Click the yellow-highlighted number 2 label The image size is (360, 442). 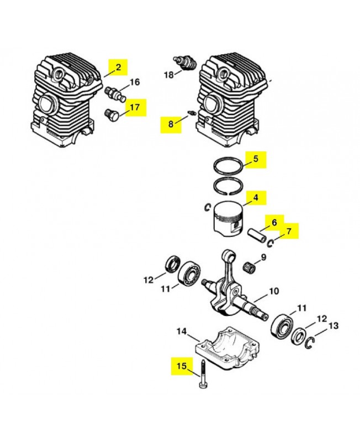(x=118, y=67)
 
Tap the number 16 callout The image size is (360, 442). (x=135, y=82)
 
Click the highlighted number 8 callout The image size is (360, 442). (x=171, y=124)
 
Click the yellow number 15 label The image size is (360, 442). (x=182, y=365)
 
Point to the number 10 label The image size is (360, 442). (x=274, y=291)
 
